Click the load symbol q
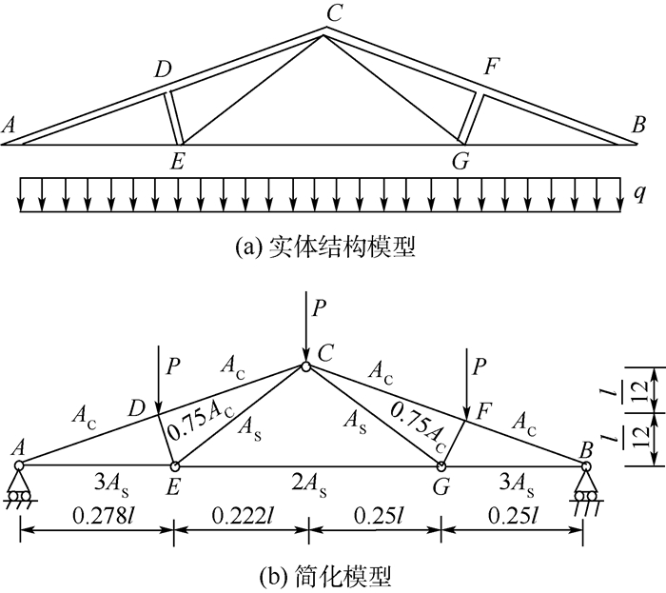[x=639, y=193]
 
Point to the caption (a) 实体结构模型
[x=324, y=247]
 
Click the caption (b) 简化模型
[x=324, y=577]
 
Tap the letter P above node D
[x=172, y=366]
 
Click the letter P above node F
[x=479, y=366]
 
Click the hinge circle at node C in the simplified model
[x=305, y=366]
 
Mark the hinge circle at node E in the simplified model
[x=174, y=466]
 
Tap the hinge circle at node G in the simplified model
[x=441, y=466]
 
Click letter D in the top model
[x=163, y=69]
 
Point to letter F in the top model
[x=492, y=67]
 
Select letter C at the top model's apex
[x=334, y=12]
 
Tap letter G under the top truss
[x=460, y=162]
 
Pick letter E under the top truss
[x=177, y=162]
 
